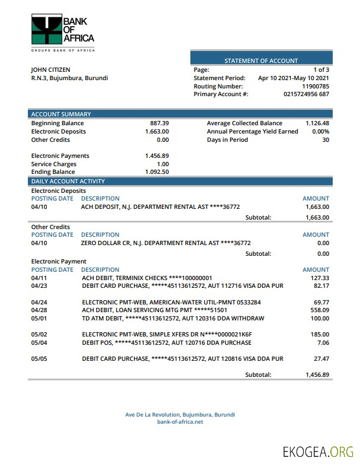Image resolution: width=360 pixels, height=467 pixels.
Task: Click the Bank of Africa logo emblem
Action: click(46, 30)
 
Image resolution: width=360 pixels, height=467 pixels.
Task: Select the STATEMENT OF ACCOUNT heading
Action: click(261, 61)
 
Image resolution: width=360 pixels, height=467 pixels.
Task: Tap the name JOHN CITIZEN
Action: click(50, 70)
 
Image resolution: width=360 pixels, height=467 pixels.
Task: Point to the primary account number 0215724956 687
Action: click(307, 94)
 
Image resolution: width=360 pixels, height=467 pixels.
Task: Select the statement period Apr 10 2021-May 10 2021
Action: click(294, 78)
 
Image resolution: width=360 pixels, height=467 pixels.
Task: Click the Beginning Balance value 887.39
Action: click(160, 123)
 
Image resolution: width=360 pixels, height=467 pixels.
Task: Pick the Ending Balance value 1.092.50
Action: click(157, 172)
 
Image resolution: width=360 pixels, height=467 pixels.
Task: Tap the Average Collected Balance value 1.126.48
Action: click(317, 123)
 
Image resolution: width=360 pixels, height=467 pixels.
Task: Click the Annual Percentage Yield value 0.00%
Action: click(320, 132)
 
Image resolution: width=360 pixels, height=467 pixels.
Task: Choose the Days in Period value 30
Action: click(326, 140)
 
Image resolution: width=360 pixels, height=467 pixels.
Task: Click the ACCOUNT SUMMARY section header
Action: click(61, 115)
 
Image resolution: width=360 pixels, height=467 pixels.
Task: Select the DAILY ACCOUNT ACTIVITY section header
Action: click(68, 182)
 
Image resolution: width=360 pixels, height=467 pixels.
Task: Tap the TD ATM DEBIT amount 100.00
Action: click(319, 319)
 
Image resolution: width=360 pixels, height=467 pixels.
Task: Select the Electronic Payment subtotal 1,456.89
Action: click(317, 375)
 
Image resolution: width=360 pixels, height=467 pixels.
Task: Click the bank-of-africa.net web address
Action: click(180, 422)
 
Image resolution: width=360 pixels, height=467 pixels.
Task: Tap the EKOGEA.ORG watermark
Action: click(318, 452)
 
